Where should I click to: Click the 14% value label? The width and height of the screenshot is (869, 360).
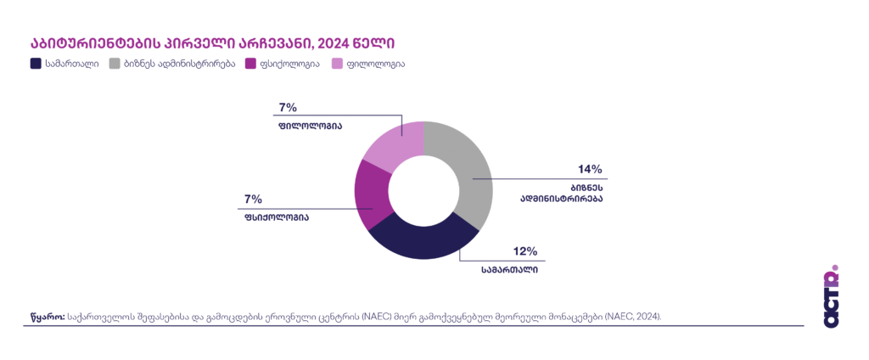pos(590,169)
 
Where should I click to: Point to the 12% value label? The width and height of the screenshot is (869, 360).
pos(525,251)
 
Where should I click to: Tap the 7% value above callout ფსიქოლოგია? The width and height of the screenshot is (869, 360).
pos(253,199)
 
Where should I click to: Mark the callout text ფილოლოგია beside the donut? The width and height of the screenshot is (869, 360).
pos(309,126)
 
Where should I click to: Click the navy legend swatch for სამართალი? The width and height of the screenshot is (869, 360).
pos(36,64)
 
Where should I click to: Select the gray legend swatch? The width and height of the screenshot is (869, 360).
pos(115,64)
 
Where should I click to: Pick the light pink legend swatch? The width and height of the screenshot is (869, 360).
pos(337,64)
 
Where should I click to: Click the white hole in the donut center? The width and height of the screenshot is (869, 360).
pos(423,189)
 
